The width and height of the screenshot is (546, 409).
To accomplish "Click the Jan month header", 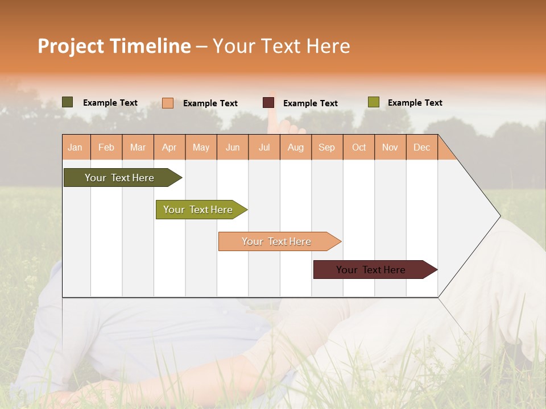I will coord(75,147).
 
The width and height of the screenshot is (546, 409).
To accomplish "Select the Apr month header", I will coord(169,147).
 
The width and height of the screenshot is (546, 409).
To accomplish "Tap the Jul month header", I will coord(264,147).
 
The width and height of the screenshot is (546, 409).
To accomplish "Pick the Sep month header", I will coord(326,147).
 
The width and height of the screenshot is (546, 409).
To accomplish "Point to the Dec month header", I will coord(421,147).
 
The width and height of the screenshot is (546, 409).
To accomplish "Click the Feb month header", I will coord(106,147).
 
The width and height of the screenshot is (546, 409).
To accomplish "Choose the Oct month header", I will coord(359,147).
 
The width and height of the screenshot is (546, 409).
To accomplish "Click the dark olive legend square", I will coord(68,102).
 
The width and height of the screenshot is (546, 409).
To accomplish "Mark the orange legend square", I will coord(168,103).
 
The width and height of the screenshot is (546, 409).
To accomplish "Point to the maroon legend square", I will coord(268,103).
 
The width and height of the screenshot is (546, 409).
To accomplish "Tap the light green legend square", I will coord(373,102).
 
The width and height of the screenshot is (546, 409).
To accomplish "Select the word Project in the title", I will coord(71,46).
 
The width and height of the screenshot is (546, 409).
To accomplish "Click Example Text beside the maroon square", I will coord(310,103).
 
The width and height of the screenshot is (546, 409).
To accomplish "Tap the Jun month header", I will coord(233,147).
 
